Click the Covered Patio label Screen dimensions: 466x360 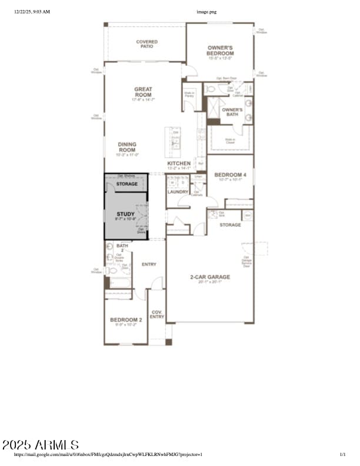(x=146, y=44)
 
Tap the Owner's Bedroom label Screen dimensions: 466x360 (x=220, y=50)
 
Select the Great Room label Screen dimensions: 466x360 (x=143, y=92)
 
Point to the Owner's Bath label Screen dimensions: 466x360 (x=232, y=112)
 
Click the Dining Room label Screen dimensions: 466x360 (x=127, y=147)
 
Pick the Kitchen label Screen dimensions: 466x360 (x=179, y=163)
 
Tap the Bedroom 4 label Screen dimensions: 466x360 (x=229, y=175)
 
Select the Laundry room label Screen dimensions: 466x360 (x=178, y=192)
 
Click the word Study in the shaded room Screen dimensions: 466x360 (x=125, y=214)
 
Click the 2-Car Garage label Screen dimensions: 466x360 (x=209, y=277)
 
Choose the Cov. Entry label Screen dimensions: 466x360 (x=156, y=314)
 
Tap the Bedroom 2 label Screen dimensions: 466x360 (x=125, y=320)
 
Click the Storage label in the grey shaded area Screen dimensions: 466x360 (x=126, y=184)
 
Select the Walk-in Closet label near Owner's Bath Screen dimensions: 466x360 (x=230, y=141)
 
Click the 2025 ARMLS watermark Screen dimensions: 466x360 (x=40, y=444)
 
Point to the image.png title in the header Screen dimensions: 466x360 (x=206, y=11)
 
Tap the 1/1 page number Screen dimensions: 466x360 (x=343, y=454)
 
